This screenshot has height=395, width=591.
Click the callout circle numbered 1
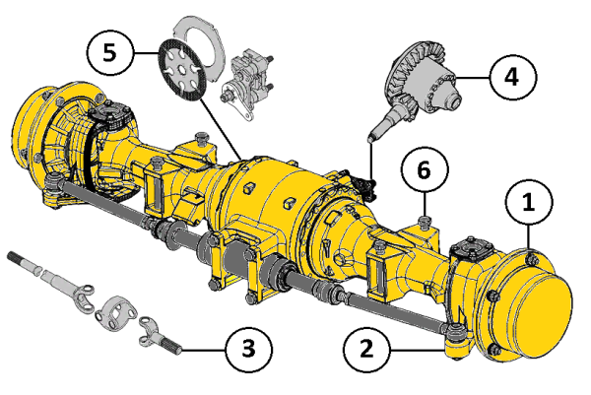[x=529, y=202]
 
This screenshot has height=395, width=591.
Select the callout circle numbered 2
[x=366, y=350]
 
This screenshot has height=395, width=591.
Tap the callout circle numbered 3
[x=248, y=350]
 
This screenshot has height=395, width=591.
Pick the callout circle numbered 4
[x=513, y=77]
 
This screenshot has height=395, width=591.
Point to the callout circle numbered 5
[x=109, y=53]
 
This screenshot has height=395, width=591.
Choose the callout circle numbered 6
[x=425, y=169]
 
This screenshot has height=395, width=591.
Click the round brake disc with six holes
[x=182, y=71]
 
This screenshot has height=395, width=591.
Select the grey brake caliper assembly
[x=247, y=85]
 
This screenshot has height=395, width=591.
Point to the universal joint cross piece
[x=115, y=310]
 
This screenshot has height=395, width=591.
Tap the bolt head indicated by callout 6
[x=425, y=221]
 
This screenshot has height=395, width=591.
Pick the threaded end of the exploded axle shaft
[x=24, y=260]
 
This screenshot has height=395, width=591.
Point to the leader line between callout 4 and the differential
[x=474, y=78]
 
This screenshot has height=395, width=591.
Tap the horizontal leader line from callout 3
[x=204, y=351]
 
